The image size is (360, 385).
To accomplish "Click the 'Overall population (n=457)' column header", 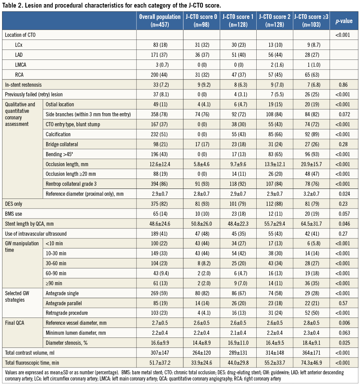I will pyautogui.click(x=160, y=21).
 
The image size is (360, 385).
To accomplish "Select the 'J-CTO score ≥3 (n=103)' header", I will pyautogui.click(x=311, y=21).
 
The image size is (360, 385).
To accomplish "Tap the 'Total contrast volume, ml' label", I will pyautogui.click(x=30, y=353).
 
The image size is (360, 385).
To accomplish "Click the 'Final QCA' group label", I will pyautogui.click(x=15, y=323).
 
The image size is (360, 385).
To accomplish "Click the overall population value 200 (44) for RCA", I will pyautogui.click(x=160, y=75).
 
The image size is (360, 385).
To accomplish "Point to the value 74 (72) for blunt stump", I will pyautogui.click(x=311, y=124).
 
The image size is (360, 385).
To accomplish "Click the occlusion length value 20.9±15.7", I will pyautogui.click(x=311, y=164).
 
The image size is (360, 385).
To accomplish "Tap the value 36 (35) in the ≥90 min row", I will pyautogui.click(x=311, y=283).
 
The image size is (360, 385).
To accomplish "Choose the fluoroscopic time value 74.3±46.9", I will pyautogui.click(x=311, y=363).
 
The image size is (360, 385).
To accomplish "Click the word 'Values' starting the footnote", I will pyautogui.click(x=12, y=372).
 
